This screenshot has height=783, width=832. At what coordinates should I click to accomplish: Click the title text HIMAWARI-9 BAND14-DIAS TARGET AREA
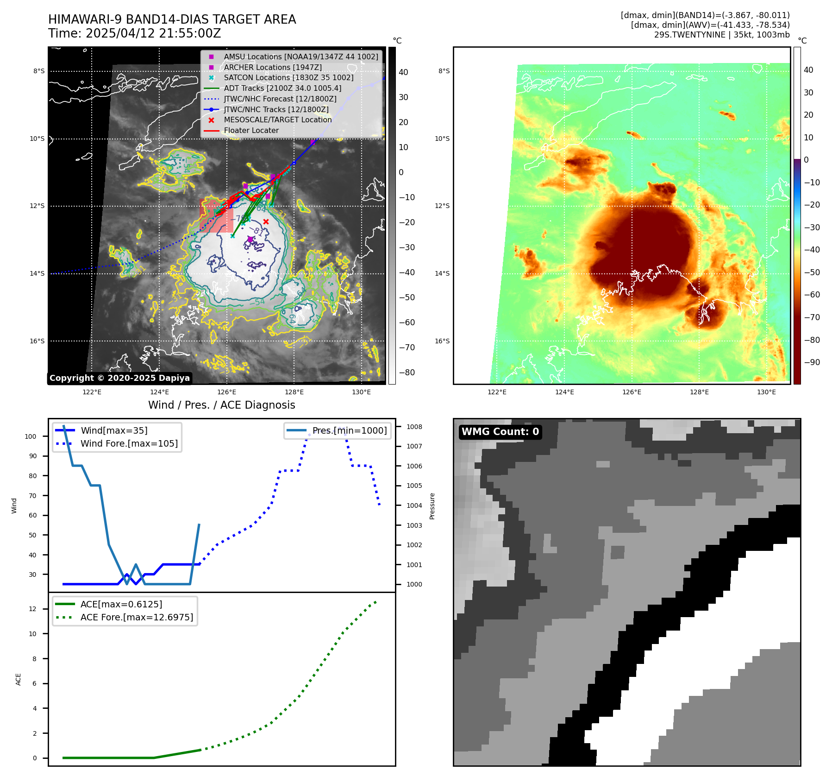click(x=172, y=19)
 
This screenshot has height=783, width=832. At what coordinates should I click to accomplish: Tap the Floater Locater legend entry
click(x=251, y=131)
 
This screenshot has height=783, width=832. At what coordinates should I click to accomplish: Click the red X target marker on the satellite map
click(x=266, y=222)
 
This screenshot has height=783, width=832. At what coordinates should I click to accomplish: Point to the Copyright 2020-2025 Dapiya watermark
click(x=119, y=378)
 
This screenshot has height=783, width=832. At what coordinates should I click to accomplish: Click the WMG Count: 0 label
click(x=500, y=432)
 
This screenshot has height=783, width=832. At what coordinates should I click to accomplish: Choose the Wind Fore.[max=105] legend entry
click(x=129, y=443)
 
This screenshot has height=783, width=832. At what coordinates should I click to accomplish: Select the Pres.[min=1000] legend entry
click(x=349, y=430)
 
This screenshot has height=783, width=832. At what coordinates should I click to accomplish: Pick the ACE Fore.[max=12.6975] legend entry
click(x=137, y=617)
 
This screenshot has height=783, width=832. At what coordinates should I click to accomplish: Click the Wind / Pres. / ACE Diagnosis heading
click(x=221, y=405)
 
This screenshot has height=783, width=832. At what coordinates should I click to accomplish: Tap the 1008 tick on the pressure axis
click(x=414, y=427)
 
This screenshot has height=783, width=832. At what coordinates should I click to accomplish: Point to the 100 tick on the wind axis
click(x=31, y=436)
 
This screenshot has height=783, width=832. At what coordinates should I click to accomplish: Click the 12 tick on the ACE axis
click(x=33, y=609)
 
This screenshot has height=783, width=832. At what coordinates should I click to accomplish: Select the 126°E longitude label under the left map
click(x=226, y=392)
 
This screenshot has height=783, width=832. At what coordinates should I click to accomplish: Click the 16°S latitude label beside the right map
click(x=442, y=341)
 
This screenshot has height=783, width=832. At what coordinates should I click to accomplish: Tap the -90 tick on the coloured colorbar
click(x=812, y=362)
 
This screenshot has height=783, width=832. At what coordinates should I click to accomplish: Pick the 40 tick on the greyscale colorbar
click(x=403, y=72)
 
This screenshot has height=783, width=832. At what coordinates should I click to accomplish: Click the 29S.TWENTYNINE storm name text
click(x=689, y=35)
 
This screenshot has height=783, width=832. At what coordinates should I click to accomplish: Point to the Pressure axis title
click(x=432, y=506)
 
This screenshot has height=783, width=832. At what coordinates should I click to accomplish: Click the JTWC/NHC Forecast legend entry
click(x=280, y=99)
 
